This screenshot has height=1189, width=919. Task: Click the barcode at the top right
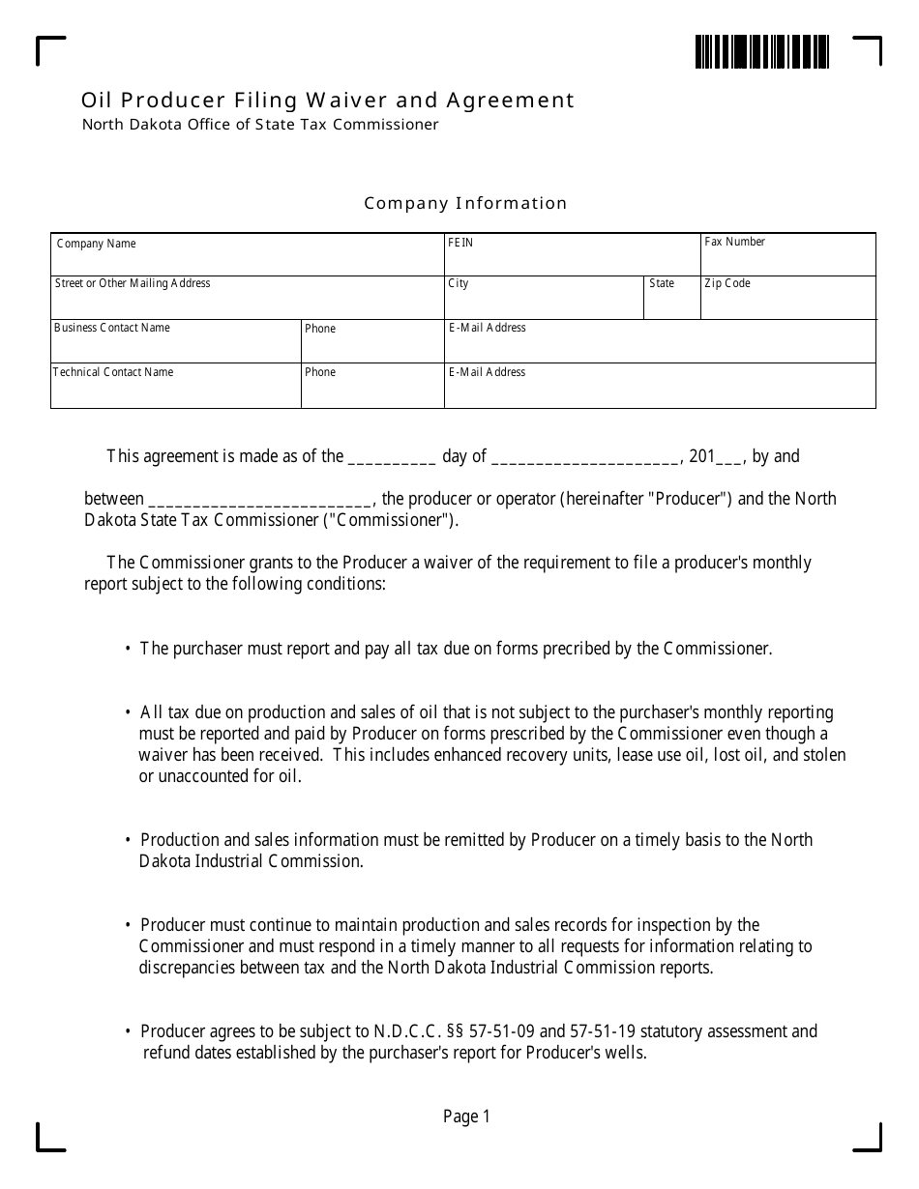pyautogui.click(x=761, y=52)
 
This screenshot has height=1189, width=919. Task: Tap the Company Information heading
pyautogui.click(x=465, y=203)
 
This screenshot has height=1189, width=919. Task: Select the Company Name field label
pyautogui.click(x=97, y=244)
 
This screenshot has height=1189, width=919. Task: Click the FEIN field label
pyautogui.click(x=460, y=243)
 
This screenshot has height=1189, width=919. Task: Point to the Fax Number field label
pyautogui.click(x=734, y=242)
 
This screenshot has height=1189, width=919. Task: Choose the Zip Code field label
pyautogui.click(x=727, y=283)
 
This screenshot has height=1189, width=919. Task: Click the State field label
pyautogui.click(x=662, y=283)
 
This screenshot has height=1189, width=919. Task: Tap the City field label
pyautogui.click(x=459, y=283)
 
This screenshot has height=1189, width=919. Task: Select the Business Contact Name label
pyautogui.click(x=112, y=328)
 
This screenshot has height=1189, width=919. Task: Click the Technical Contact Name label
pyautogui.click(x=113, y=372)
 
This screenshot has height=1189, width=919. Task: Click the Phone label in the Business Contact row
pyautogui.click(x=320, y=329)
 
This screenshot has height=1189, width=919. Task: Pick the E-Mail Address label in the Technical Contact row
pyautogui.click(x=488, y=372)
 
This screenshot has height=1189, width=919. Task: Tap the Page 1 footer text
pyautogui.click(x=466, y=1116)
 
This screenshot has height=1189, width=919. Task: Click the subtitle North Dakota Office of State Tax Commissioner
pyautogui.click(x=260, y=125)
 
